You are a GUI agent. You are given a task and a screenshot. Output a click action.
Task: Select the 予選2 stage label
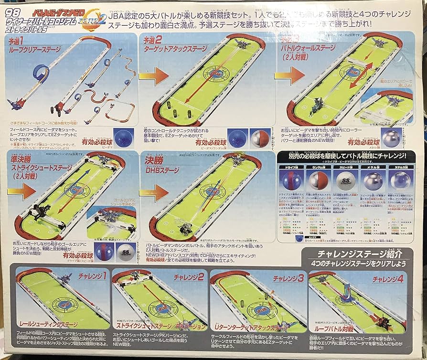click(152, 42)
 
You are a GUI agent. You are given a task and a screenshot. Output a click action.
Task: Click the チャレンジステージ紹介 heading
click(357, 254)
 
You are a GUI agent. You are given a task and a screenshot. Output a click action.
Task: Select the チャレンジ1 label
click(95, 275)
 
